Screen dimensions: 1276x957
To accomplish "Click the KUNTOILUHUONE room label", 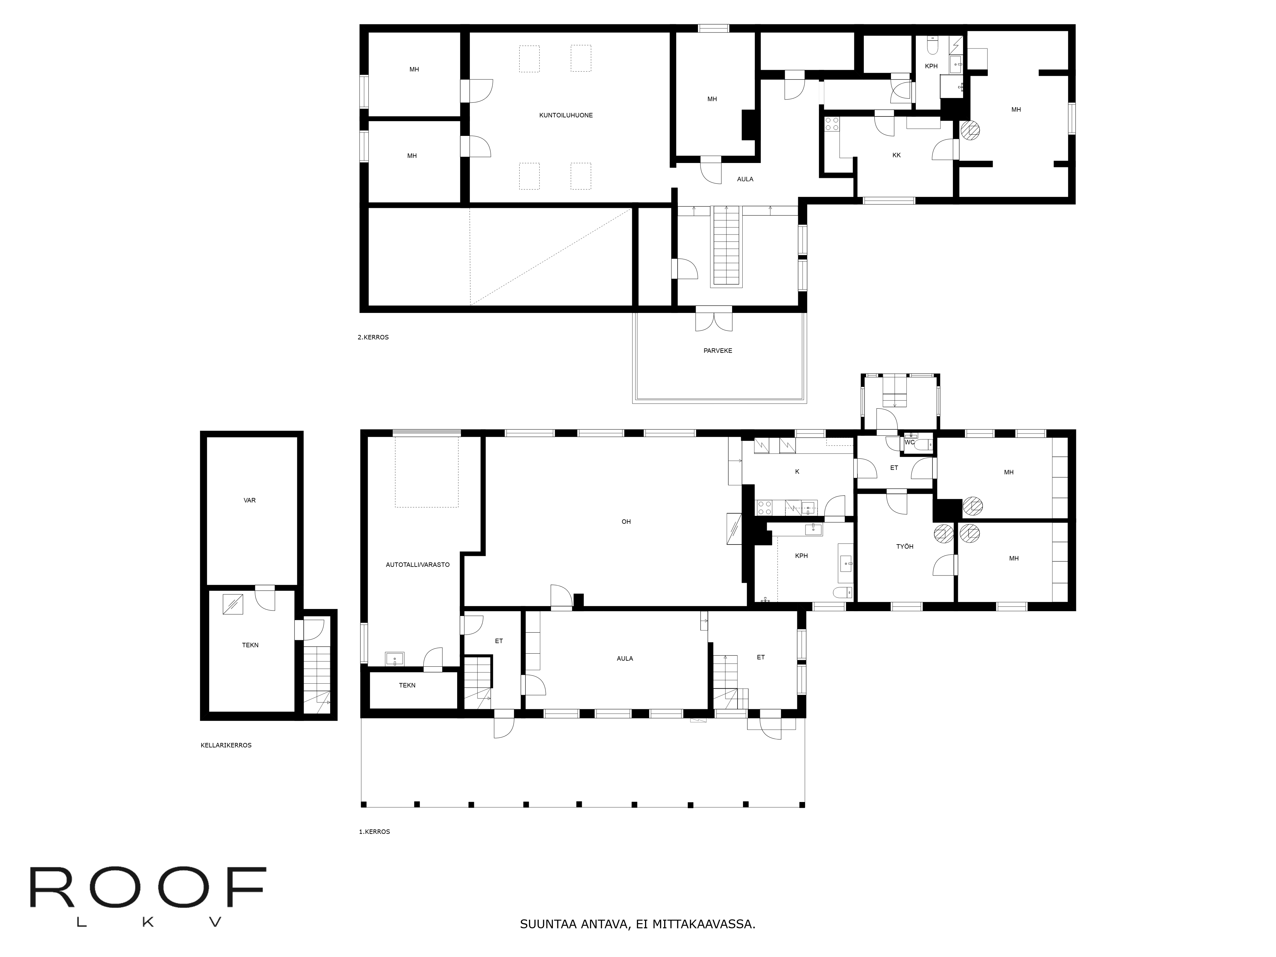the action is [566, 115].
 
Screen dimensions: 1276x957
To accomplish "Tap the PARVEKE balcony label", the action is [718, 351].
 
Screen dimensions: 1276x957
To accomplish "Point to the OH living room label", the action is [626, 522].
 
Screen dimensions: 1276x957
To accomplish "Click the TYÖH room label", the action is [904, 546].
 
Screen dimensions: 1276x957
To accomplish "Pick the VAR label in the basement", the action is [250, 500].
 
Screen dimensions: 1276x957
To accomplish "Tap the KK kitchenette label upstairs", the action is [896, 155].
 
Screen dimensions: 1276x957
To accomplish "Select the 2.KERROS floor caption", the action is [373, 338].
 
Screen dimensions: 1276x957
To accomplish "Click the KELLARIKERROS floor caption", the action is [226, 745].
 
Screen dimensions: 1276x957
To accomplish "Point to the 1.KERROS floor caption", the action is [375, 832].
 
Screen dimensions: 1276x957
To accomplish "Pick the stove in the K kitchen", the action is [765, 508].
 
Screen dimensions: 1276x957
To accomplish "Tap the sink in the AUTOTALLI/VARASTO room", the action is [395, 659].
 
